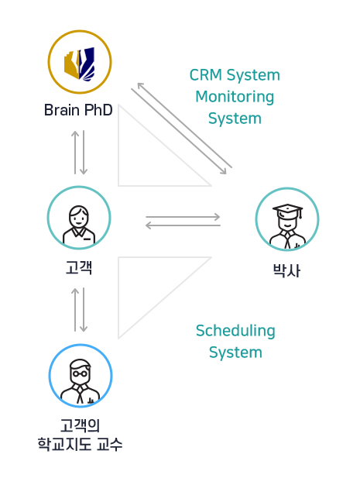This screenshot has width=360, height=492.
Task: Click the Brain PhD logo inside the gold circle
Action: click(79, 64)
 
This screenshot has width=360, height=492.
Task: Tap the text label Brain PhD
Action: click(78, 110)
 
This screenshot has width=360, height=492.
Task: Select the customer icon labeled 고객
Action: click(79, 225)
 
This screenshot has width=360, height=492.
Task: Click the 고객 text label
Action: click(79, 267)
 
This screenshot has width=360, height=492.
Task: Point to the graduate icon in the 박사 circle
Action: click(287, 227)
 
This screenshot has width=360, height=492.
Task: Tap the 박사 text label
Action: click(287, 270)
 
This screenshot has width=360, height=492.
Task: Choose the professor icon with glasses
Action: click(81, 381)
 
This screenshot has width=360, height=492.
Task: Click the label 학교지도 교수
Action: click(80, 444)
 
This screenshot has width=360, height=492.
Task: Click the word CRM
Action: click(206, 75)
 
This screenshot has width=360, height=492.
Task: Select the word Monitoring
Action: click(235, 97)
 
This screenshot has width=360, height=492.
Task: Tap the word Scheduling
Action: click(235, 331)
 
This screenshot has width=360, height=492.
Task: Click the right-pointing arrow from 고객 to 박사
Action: click(183, 216)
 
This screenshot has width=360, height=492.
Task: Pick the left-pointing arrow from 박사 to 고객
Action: click(183, 225)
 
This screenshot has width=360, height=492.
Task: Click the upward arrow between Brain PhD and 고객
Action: click(75, 153)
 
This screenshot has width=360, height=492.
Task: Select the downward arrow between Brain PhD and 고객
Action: click(84, 153)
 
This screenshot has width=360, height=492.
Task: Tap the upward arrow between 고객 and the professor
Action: click(75, 310)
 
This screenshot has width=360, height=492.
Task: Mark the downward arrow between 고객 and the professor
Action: click(84, 310)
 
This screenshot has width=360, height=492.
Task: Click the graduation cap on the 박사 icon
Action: click(287, 210)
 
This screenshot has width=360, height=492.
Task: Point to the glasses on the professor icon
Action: click(80, 373)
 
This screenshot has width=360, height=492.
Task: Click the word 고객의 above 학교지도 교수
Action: click(81, 425)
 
